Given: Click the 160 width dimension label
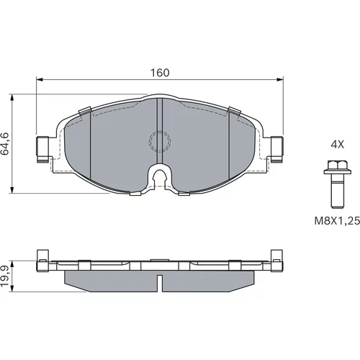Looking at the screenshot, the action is (x=160, y=73).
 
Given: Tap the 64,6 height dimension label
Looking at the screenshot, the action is (x=5, y=143).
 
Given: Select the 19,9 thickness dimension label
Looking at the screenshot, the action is (x=5, y=276).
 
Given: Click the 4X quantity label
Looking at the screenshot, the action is (x=337, y=145).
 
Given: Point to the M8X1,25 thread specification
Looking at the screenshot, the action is (x=337, y=220).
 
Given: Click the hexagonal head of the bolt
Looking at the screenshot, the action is (x=337, y=165).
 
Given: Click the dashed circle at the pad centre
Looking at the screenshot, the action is (x=160, y=142).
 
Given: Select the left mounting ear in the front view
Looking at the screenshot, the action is (x=43, y=149).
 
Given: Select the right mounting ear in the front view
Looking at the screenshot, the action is (x=276, y=149).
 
